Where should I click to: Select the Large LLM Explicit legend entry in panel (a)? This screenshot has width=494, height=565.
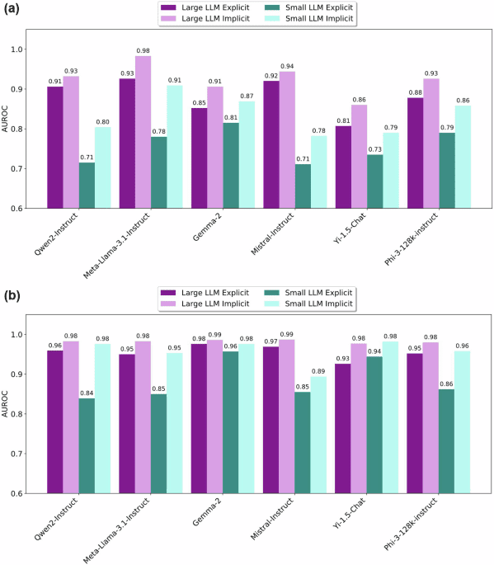point(198,7)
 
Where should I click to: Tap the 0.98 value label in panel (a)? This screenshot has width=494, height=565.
point(143,49)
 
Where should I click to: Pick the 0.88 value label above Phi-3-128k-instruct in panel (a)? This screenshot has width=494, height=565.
point(416,92)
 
